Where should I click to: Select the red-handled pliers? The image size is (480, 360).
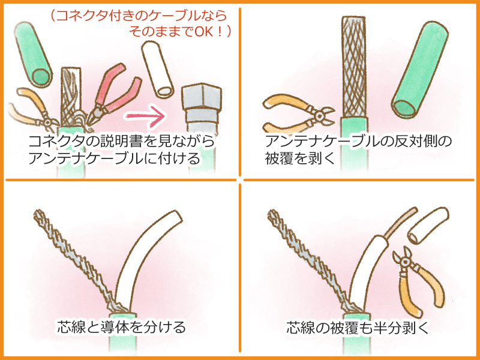pyautogui.click(x=113, y=95)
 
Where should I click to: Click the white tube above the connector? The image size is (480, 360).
pyautogui.click(x=158, y=70)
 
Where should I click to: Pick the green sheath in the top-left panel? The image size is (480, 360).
pyautogui.click(x=33, y=55)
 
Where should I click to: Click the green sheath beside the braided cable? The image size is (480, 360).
pyautogui.click(x=420, y=70)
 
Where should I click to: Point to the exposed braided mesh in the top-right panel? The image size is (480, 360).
pyautogui.click(x=354, y=67)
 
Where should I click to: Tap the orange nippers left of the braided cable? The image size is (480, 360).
pyautogui.click(x=298, y=115)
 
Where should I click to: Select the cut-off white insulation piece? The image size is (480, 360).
pyautogui.click(x=428, y=225)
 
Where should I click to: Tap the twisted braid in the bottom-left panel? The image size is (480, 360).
pyautogui.click(x=73, y=260)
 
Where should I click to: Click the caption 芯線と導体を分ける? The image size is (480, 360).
pyautogui.click(x=122, y=326)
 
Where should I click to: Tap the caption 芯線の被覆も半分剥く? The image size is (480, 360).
pyautogui.click(x=358, y=328)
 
